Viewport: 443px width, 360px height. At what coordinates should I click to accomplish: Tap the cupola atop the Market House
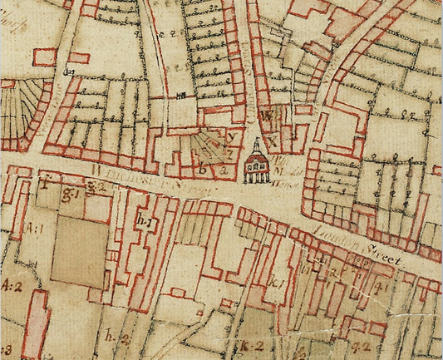[x=256, y=145]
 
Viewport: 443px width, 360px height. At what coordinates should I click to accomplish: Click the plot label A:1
[x=35, y=227]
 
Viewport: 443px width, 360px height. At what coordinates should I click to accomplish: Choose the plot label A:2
[x=12, y=286]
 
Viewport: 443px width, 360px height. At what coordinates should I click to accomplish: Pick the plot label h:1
[x=143, y=222]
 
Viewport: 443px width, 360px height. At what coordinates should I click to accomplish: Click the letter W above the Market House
[x=267, y=115]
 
